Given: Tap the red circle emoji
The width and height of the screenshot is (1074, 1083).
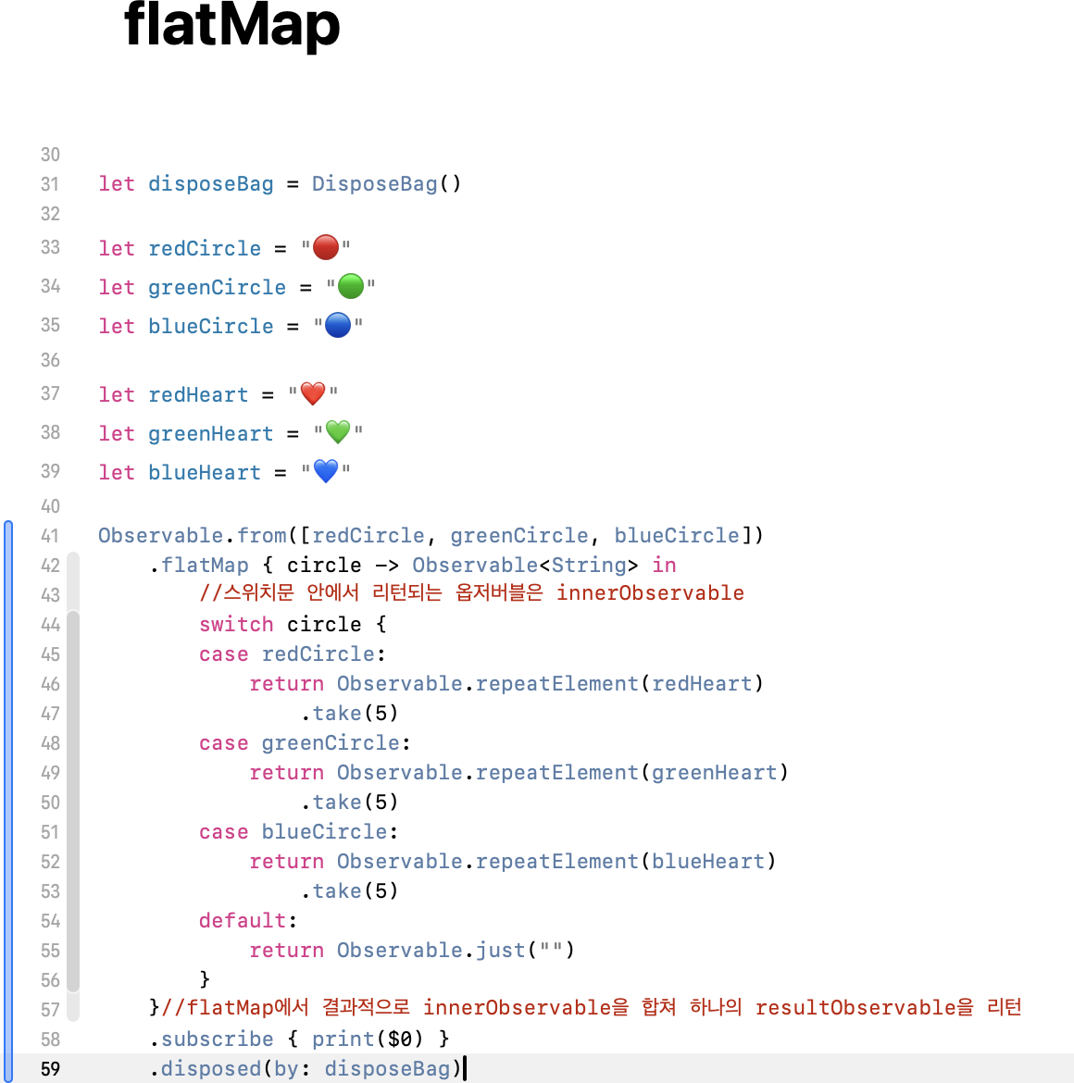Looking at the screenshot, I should pyautogui.click(x=326, y=247).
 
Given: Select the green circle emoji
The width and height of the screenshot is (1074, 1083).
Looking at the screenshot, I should pyautogui.click(x=351, y=286).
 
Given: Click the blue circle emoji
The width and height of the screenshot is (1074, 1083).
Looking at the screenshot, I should pyautogui.click(x=338, y=325).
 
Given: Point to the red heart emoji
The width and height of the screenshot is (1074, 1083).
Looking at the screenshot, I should pyautogui.click(x=313, y=393).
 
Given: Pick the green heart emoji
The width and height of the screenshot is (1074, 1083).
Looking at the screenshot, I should pyautogui.click(x=338, y=432).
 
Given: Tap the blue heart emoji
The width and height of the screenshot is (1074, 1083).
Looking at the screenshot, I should pyautogui.click(x=326, y=471).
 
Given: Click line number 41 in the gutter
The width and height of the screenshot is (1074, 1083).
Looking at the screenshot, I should pyautogui.click(x=50, y=536).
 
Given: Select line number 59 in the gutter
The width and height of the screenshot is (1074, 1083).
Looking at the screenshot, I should pyautogui.click(x=50, y=1069).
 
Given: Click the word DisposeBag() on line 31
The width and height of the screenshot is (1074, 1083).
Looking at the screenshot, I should pyautogui.click(x=385, y=184).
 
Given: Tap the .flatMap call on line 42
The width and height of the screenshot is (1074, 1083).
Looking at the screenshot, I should pyautogui.click(x=200, y=566).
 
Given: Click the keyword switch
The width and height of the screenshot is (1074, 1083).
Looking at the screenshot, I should pyautogui.click(x=236, y=625).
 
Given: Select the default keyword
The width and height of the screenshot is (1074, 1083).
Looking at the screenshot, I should pyautogui.click(x=243, y=921).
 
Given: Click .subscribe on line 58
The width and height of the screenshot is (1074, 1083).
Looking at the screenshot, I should pyautogui.click(x=212, y=1039).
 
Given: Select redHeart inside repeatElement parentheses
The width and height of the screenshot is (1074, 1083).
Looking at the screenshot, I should pyautogui.click(x=702, y=684).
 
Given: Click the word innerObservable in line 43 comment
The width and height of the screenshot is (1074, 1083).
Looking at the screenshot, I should pyautogui.click(x=650, y=593).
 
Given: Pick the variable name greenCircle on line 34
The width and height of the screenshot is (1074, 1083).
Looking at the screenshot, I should pyautogui.click(x=217, y=288).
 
